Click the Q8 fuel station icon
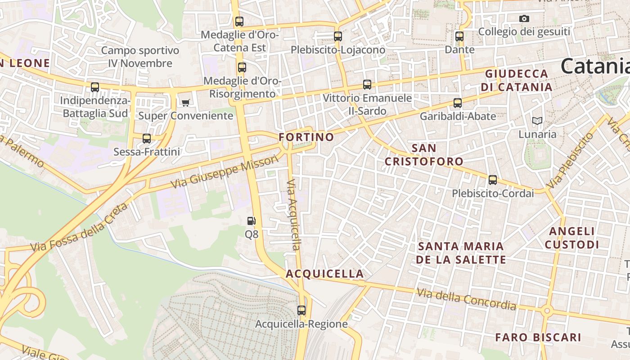tap(251, 220)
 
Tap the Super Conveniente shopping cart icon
tap(185, 103)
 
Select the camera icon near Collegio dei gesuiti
tap(524, 18)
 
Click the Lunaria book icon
tap(537, 121)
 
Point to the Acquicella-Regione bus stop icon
tap(301, 310)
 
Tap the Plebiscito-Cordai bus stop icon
tap(493, 180)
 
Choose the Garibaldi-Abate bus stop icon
tap(458, 103)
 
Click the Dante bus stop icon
tap(459, 36)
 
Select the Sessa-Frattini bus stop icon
tap(147, 139)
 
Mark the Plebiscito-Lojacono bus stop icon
tap(338, 36)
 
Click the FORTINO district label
tap(306, 137)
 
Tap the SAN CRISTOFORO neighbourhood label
tap(424, 154)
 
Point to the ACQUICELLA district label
tap(324, 274)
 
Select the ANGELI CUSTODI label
tap(572, 238)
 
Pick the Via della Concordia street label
tap(466, 299)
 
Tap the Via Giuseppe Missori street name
tap(225, 172)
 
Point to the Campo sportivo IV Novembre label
tap(140, 57)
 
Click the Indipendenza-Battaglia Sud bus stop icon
tap(95, 87)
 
